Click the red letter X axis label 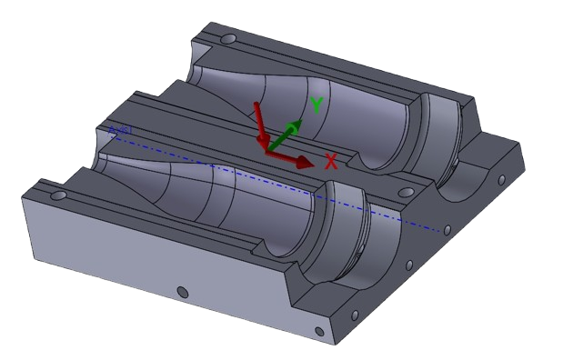[331, 163]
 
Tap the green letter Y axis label [316, 105]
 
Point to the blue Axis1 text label [120, 132]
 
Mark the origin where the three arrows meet [267, 152]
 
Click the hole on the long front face [182, 292]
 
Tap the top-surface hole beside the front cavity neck [59, 195]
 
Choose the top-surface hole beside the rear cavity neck [227, 41]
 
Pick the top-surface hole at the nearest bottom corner [317, 329]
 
